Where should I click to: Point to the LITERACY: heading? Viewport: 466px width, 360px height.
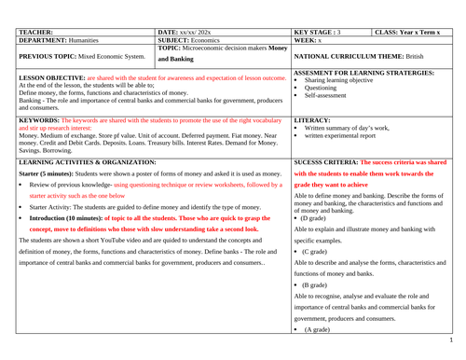(x=313, y=120)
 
